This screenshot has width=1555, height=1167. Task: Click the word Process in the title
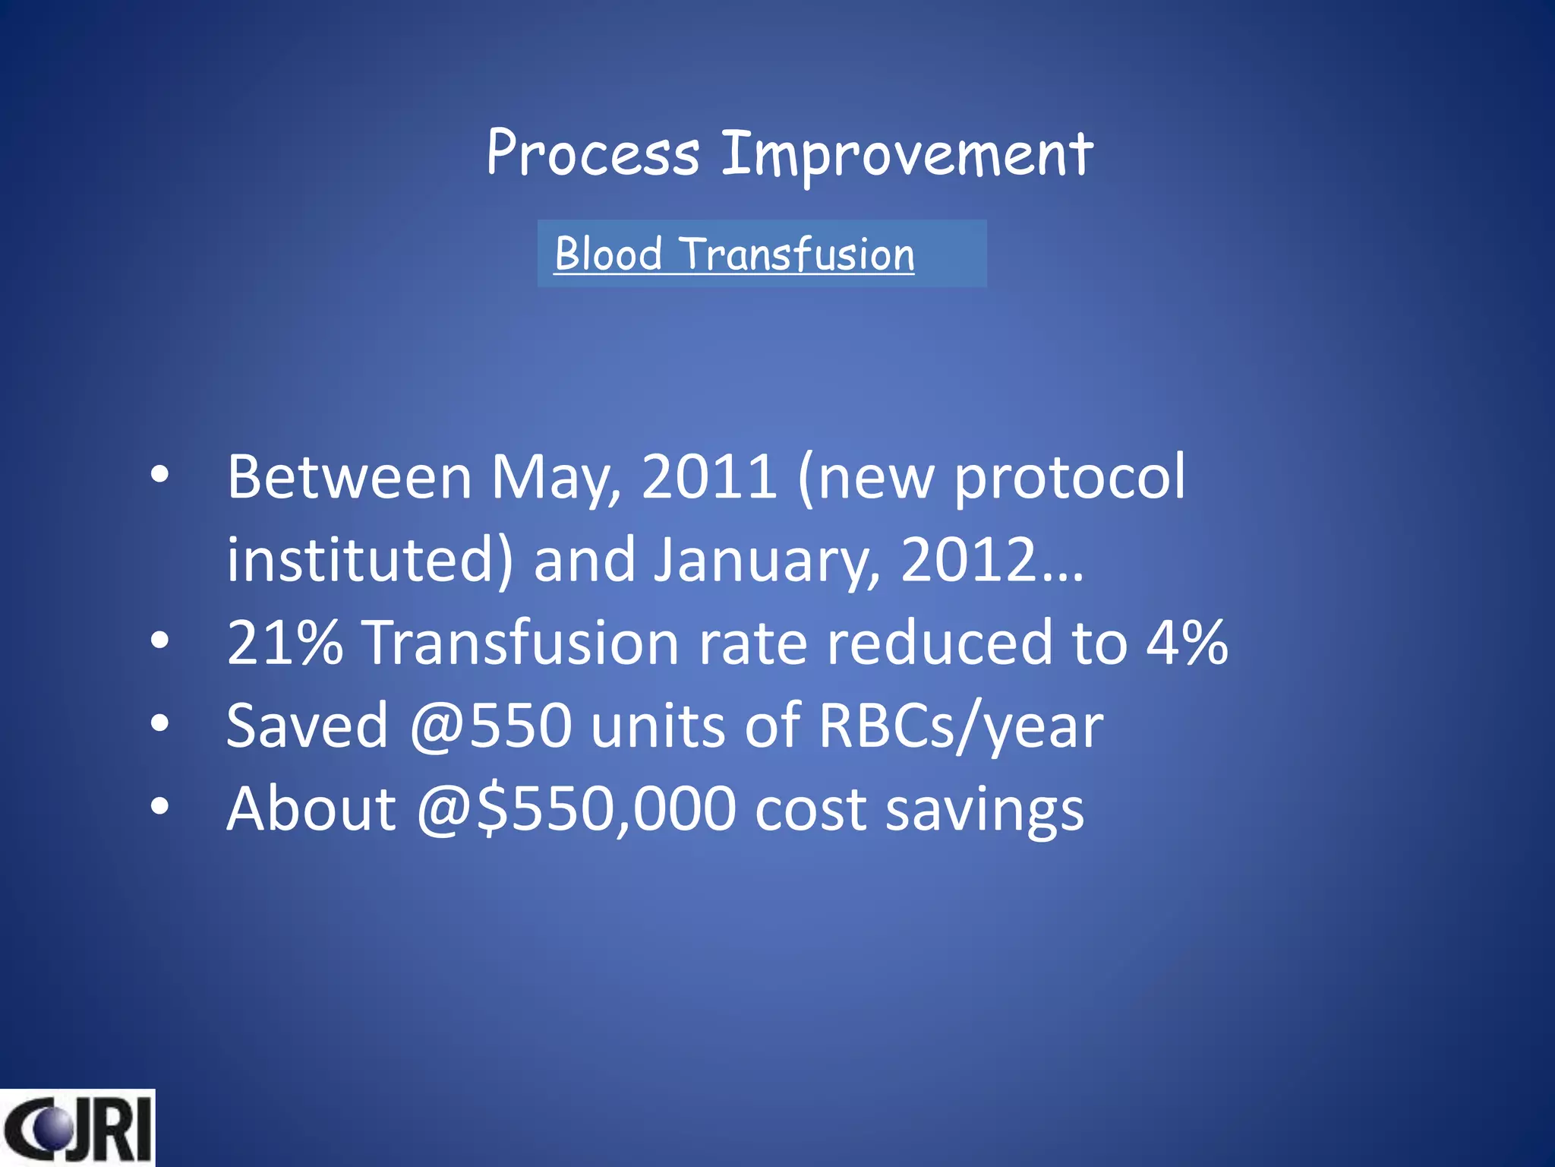592,154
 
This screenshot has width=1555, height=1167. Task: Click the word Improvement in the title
907,154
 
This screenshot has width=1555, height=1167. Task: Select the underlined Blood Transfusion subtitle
734,254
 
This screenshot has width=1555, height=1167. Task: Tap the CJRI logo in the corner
77,1127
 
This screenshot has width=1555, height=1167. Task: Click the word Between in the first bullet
350,477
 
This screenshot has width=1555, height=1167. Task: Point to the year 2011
709,477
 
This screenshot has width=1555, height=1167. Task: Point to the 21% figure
285,643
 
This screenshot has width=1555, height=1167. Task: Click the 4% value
1187,643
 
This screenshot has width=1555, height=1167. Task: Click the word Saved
308,726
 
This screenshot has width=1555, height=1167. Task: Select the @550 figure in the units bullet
490,726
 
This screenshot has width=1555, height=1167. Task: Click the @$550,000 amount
576,808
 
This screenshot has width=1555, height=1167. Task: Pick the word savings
985,810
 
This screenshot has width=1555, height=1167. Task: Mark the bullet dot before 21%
159,640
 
